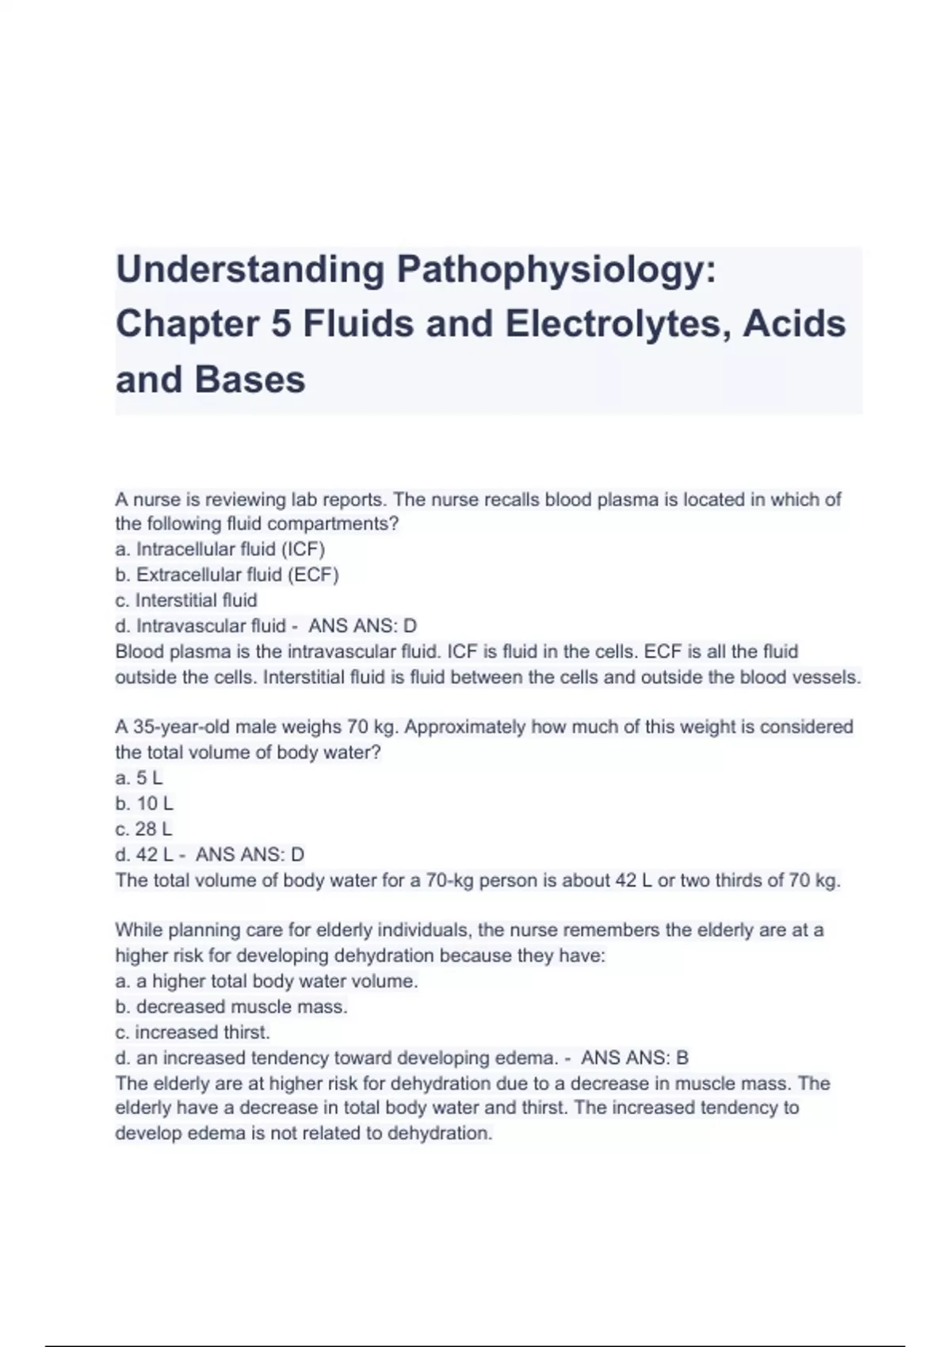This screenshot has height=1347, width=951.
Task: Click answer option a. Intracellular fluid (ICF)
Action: [x=220, y=549]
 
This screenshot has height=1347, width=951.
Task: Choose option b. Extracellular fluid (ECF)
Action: [x=227, y=574]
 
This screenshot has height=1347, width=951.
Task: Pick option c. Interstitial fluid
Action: [x=186, y=600]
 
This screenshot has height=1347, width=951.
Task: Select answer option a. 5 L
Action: [x=139, y=778]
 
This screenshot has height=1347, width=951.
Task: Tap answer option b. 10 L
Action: [x=144, y=803]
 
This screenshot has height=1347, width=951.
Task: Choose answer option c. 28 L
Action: [x=143, y=829]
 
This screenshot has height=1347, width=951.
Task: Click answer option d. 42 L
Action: [x=143, y=854]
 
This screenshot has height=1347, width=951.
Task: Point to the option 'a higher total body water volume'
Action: [x=266, y=981]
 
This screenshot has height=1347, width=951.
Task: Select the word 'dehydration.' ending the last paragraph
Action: [x=440, y=1133]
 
